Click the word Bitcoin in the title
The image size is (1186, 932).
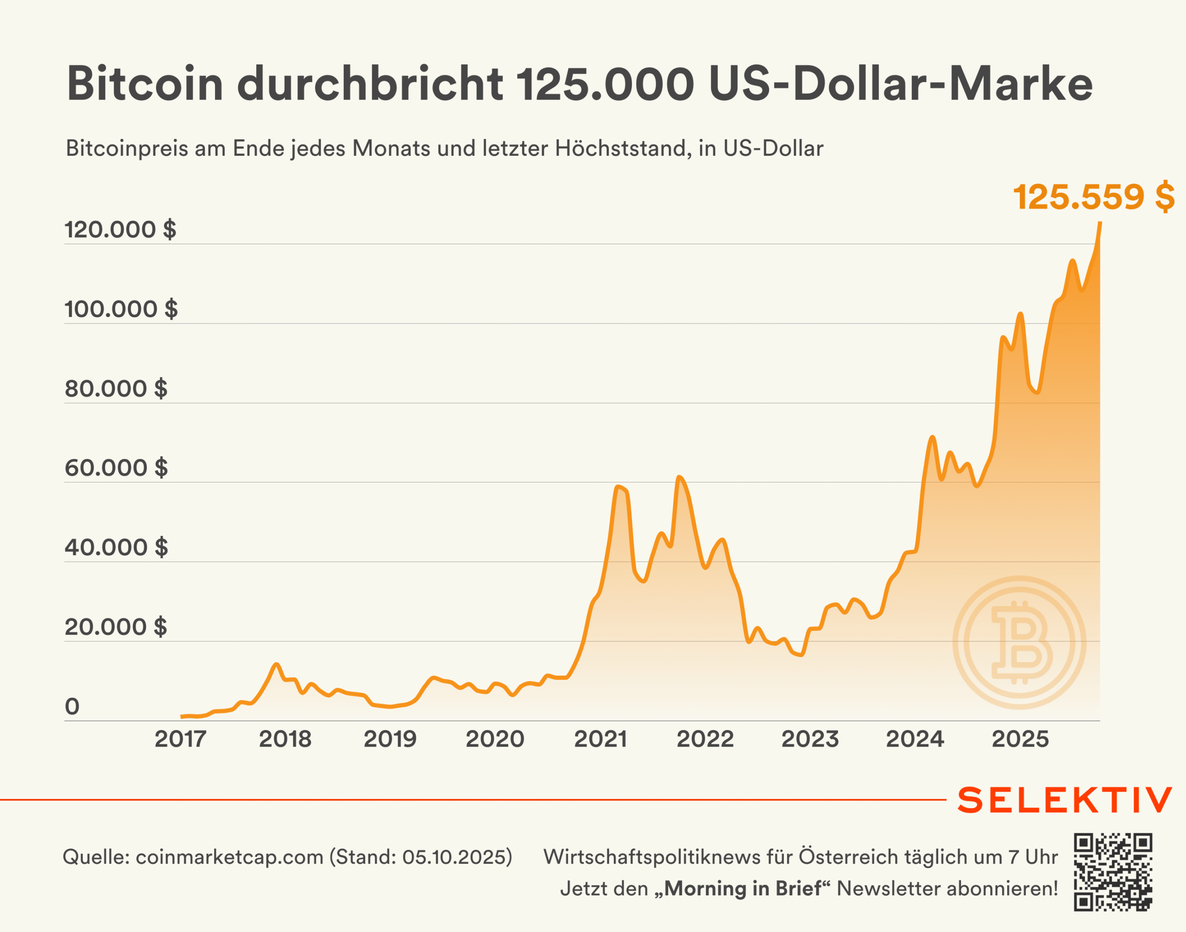pos(145,84)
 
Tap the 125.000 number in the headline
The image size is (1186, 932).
pos(606,84)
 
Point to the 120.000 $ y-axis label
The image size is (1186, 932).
pos(120,229)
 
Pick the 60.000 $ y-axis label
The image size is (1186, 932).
pos(116,468)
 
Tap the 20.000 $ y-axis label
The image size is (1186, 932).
pos(116,627)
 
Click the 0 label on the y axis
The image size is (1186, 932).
pos(72,707)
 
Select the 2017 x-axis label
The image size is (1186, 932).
pos(180,739)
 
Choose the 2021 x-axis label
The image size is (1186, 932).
pos(600,739)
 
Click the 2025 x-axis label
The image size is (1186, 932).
pos(1020,739)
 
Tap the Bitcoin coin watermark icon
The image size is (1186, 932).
pos(1019,642)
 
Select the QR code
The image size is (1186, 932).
pos(1113,872)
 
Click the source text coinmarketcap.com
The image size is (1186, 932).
pos(229,857)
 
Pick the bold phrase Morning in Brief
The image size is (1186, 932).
pos(743,888)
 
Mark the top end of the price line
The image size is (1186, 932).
pos(1100,222)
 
